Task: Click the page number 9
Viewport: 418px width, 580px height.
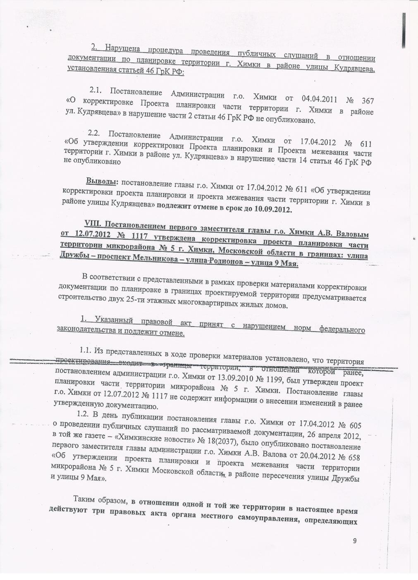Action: (354, 541)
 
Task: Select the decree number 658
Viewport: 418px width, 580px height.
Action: (351, 458)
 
